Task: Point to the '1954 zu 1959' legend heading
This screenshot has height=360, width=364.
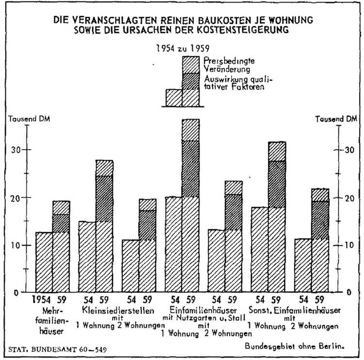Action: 179,48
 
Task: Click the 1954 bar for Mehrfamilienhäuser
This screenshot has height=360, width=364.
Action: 44,262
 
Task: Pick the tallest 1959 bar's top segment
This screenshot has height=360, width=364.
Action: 191,130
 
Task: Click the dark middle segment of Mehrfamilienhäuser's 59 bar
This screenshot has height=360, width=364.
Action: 61,223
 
